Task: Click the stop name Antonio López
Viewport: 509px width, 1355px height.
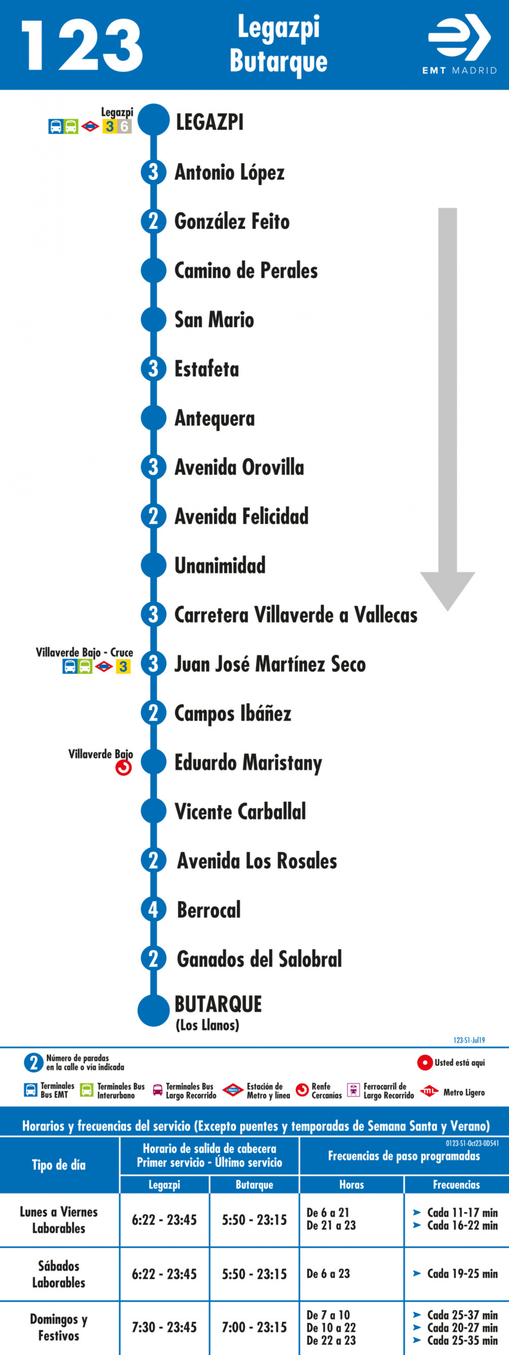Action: click(x=230, y=172)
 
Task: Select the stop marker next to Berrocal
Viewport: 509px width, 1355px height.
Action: click(x=154, y=909)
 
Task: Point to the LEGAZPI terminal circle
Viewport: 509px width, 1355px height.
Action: click(x=154, y=120)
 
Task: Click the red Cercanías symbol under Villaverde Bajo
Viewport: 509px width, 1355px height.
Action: click(x=124, y=768)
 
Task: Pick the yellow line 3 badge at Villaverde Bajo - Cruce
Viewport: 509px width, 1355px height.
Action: click(x=123, y=666)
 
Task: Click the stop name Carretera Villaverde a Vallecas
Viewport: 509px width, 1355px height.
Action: click(x=296, y=615)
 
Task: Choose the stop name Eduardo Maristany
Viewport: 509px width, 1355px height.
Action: click(x=248, y=763)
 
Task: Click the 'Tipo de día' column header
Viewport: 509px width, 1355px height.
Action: click(x=59, y=1165)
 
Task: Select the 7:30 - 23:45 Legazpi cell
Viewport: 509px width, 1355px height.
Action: click(x=164, y=1327)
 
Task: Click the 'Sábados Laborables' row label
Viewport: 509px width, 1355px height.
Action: click(x=59, y=1274)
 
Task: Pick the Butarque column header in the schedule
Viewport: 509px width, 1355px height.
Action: click(x=254, y=1184)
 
